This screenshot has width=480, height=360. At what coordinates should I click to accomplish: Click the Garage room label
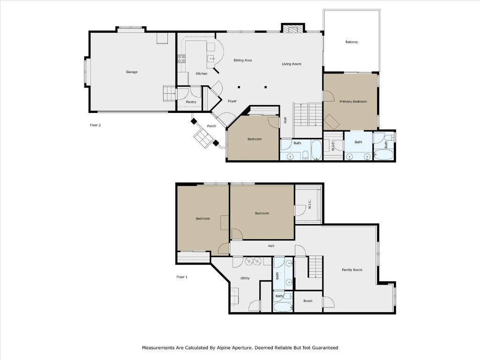[132, 72]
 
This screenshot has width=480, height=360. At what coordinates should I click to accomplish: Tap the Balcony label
[352, 42]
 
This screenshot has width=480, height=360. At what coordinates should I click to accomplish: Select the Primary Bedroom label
[353, 102]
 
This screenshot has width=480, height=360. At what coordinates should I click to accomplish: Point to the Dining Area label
[243, 60]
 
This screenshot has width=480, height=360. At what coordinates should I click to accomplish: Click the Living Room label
[291, 64]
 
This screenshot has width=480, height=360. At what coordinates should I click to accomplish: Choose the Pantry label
[191, 102]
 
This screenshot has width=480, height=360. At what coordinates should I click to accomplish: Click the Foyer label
[232, 101]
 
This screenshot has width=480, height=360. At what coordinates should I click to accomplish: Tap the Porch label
[211, 126]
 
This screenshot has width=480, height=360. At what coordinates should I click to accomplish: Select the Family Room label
[352, 270]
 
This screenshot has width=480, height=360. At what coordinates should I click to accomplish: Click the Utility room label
[245, 278]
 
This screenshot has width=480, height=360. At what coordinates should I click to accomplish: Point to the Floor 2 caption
[95, 125]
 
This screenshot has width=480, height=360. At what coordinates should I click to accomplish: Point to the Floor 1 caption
[182, 277]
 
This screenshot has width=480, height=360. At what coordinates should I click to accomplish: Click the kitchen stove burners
[181, 59]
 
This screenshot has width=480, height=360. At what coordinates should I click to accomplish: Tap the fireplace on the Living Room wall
[292, 29]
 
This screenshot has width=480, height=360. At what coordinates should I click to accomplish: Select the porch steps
[204, 138]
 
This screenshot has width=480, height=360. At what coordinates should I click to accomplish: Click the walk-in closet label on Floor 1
[309, 204]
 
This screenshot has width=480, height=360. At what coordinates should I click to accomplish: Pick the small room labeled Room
[307, 301]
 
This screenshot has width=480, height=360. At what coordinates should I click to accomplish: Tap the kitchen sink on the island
[211, 59]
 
